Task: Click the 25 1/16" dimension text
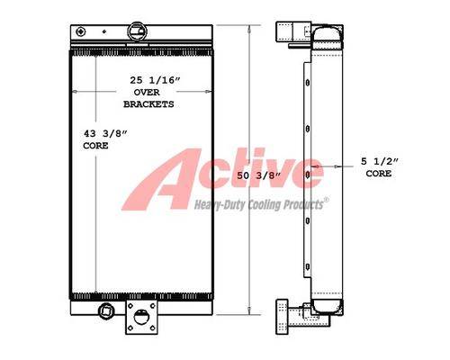click(x=156, y=80)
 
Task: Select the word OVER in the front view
click(x=147, y=93)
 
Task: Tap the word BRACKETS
click(x=148, y=104)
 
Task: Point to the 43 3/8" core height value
click(x=105, y=133)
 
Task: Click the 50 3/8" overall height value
click(x=258, y=175)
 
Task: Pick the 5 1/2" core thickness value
click(x=380, y=161)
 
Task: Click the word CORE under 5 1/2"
click(x=379, y=174)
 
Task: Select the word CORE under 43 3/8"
click(x=95, y=146)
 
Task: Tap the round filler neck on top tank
click(x=138, y=31)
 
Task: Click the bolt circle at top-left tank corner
click(x=81, y=31)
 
